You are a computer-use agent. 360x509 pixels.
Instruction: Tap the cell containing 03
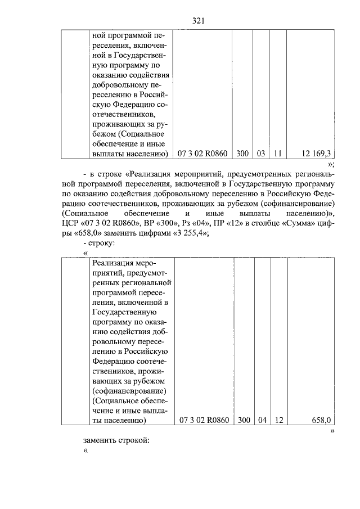click(261, 152)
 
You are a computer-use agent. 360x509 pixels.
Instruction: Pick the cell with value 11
click(277, 152)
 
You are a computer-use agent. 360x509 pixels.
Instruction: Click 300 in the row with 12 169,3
click(242, 152)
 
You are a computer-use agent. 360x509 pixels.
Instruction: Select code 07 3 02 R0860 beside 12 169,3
click(202, 152)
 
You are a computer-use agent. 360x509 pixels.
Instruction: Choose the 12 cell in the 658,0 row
click(278, 420)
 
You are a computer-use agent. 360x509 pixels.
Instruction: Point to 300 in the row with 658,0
click(244, 420)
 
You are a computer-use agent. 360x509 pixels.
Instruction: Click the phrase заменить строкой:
click(116, 439)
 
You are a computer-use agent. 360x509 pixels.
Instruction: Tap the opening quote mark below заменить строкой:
click(85, 450)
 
